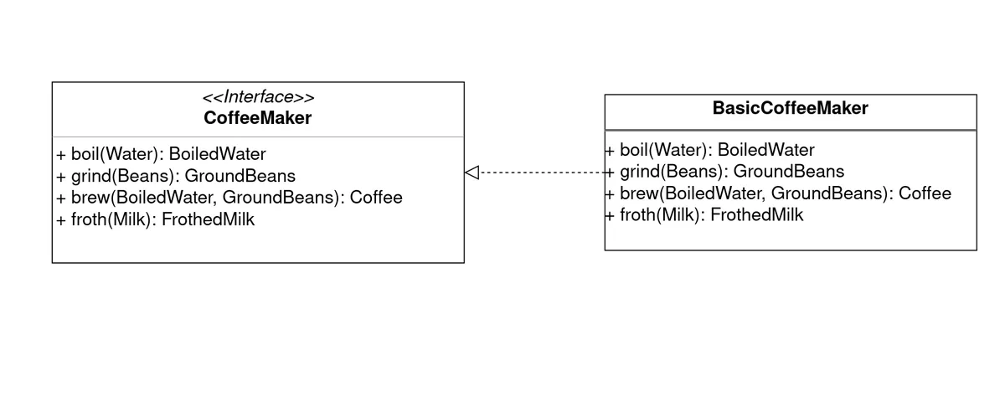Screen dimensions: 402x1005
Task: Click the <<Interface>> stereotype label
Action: [258, 97]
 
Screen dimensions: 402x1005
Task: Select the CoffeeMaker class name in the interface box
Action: [258, 118]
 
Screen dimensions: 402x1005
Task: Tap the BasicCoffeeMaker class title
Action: [790, 108]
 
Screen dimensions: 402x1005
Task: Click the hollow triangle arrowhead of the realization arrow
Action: [472, 173]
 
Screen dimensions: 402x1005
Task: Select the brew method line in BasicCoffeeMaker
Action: [778, 193]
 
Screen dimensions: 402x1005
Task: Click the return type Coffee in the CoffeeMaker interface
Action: [376, 198]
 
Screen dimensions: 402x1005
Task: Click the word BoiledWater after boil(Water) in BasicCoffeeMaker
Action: [765, 150]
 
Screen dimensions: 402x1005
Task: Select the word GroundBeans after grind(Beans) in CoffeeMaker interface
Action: [240, 176]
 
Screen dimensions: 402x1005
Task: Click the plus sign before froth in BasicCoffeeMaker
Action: [610, 215]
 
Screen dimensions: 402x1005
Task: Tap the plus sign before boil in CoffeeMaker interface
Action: [61, 154]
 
